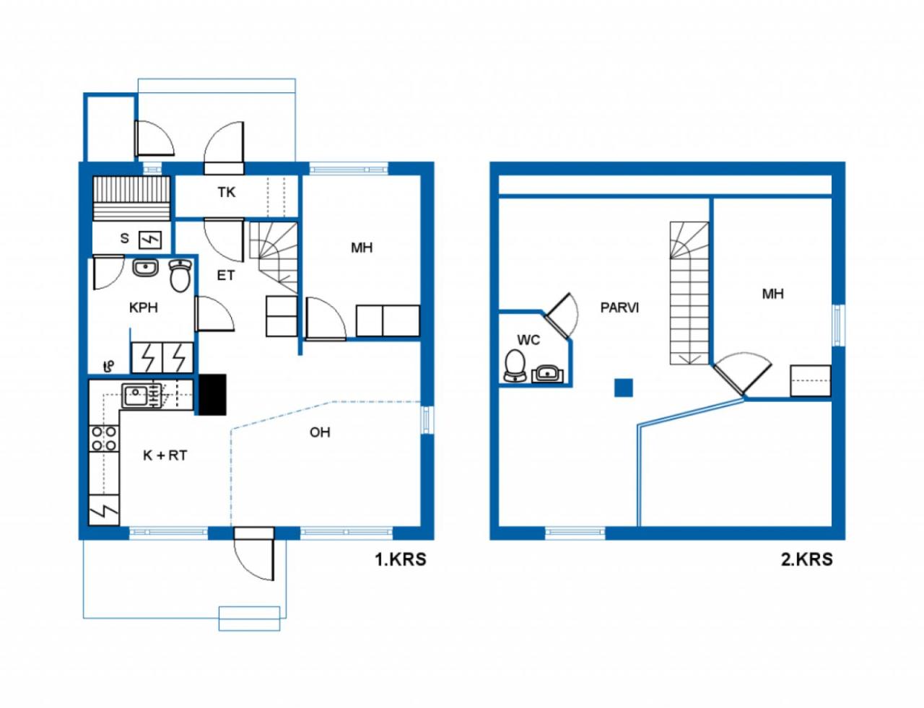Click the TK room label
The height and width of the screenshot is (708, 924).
point(227,193)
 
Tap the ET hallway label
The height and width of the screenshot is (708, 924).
point(226,276)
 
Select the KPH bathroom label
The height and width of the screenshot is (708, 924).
point(144,307)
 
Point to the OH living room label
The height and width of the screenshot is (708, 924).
point(320,432)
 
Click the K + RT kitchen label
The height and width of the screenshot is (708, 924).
point(165,455)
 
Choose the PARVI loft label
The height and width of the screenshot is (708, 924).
point(619,307)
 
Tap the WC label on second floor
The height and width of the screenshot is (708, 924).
point(528,340)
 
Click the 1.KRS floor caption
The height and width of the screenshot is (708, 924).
point(401,559)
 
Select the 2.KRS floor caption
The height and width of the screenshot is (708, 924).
point(806,559)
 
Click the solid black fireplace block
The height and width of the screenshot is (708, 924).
point(213,394)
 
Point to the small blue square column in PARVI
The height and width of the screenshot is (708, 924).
point(624,388)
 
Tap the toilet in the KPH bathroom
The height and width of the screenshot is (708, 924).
point(180,276)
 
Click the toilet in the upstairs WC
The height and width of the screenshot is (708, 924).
point(515,365)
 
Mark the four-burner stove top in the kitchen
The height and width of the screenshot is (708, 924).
point(104,439)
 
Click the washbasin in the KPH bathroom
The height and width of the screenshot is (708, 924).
point(145,268)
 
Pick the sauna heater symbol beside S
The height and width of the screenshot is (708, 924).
point(151,240)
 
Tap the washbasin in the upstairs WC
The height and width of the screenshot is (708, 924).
point(548,374)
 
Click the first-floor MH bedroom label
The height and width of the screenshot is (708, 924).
point(362,248)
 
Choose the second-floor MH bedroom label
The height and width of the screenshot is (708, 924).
point(773,294)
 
